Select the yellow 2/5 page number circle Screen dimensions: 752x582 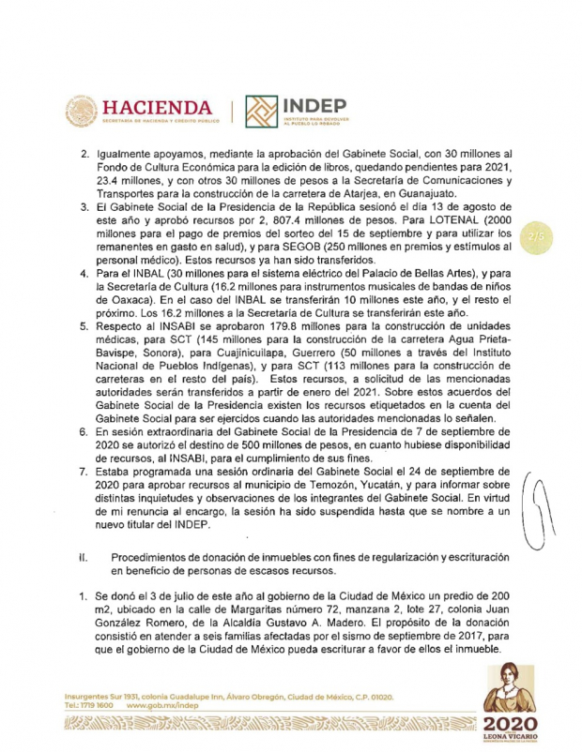538,238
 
